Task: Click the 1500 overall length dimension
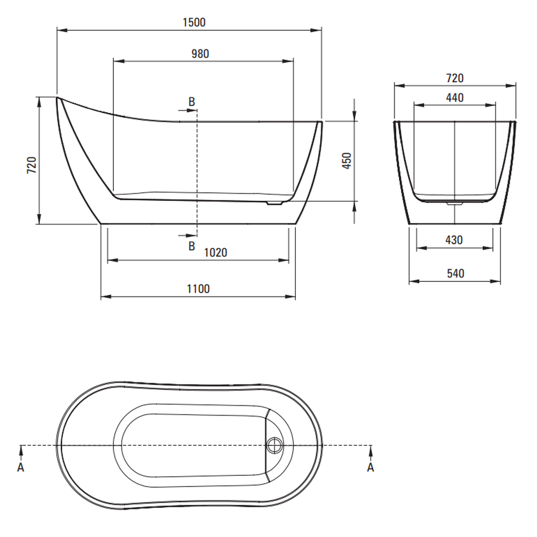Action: [x=194, y=23]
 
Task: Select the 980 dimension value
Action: [x=200, y=54]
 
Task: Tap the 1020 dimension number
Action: [x=215, y=253]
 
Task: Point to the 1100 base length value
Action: [x=198, y=289]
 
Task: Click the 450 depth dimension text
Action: [x=347, y=161]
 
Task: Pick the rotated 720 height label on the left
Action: [x=32, y=165]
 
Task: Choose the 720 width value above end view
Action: [x=455, y=78]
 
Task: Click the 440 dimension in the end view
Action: [x=455, y=98]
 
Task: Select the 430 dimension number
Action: [x=454, y=240]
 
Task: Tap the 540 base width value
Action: [x=455, y=274]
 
